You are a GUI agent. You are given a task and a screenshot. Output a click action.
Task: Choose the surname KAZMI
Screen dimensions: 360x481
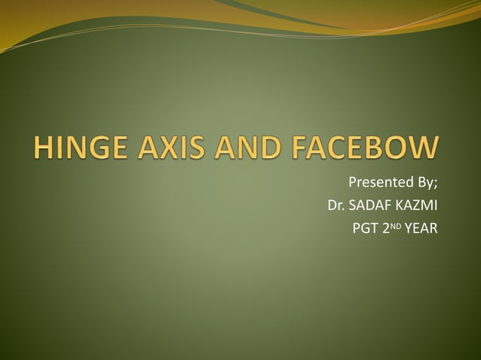[x=417, y=206]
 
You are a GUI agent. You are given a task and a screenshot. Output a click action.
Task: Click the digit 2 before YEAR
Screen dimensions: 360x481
[x=384, y=228]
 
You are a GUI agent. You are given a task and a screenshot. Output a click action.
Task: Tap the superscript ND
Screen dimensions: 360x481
[x=395, y=225]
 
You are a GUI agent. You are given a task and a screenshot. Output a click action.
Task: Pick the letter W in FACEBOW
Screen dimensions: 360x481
[x=421, y=147]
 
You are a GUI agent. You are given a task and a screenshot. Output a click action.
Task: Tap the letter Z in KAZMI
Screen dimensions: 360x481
[x=417, y=206]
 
